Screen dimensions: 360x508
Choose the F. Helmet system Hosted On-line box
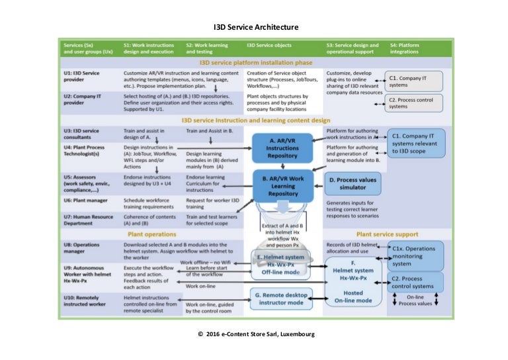coord(355,281)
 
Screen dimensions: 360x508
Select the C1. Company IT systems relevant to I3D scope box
coord(415,142)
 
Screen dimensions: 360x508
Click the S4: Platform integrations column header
coord(404,48)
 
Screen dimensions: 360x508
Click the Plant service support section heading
coord(388,234)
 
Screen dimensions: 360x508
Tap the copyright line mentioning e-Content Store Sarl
coord(257,334)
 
